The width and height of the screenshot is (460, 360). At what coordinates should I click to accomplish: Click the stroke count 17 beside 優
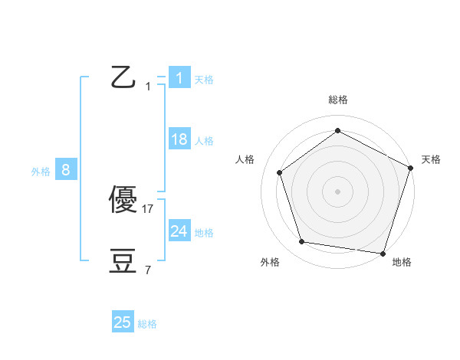pos(149,208)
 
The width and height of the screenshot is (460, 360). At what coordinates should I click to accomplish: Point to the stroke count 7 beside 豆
pos(148,270)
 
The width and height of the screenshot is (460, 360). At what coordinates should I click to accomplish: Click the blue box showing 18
pos(179,139)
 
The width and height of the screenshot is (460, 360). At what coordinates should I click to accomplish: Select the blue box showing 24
pos(179,231)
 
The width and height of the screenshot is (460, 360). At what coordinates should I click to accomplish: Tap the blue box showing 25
pos(123,322)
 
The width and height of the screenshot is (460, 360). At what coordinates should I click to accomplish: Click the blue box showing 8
pos(66,170)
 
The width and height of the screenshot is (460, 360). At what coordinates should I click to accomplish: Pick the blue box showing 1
pos(179,78)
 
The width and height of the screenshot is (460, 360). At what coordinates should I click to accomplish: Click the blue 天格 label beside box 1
pos(204,79)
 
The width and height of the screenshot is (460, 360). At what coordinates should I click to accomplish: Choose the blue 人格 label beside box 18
pos(204,140)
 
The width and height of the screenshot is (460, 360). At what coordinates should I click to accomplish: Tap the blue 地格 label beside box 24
pos(204,232)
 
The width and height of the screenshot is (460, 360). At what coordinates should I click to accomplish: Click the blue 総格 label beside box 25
pos(147,324)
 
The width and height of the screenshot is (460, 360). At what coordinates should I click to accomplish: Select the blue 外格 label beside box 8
pos(41,172)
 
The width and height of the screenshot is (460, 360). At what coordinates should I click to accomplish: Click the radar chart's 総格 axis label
pos(338,100)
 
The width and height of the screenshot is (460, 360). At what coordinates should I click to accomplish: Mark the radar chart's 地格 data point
pos(383,253)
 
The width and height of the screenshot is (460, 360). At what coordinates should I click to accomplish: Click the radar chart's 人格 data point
pos(280,172)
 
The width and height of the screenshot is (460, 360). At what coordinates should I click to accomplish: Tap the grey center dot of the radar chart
pos(338,191)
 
